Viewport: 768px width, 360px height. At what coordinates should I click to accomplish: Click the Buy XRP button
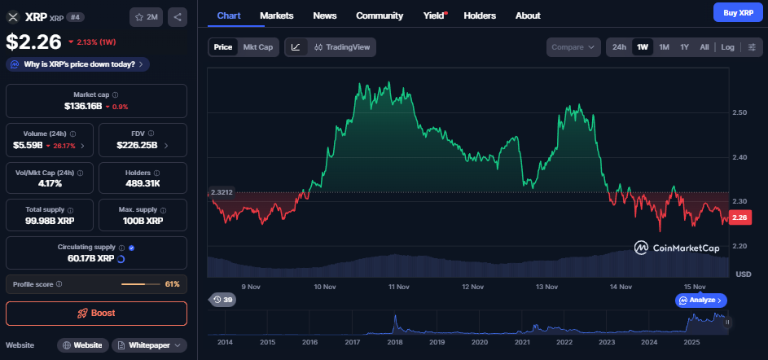point(736,12)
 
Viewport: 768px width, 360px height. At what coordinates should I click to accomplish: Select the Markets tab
point(276,15)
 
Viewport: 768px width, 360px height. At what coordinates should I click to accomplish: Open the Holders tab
point(479,15)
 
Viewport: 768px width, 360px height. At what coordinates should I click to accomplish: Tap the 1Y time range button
point(685,47)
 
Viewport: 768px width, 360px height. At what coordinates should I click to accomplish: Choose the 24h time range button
point(619,47)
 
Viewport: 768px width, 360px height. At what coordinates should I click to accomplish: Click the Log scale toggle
point(727,47)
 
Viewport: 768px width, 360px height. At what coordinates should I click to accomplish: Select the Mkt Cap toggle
point(258,47)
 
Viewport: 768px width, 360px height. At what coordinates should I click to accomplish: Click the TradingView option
point(342,47)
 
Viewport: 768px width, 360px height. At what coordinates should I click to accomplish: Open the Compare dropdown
point(573,47)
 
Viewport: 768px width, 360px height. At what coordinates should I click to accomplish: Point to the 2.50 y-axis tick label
point(741,112)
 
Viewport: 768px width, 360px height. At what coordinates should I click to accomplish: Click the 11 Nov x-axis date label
point(399,287)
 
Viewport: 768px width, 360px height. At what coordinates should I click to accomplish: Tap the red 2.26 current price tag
point(740,217)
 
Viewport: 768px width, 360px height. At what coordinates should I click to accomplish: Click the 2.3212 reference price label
point(222,193)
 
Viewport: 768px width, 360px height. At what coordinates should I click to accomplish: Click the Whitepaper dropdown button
point(149,345)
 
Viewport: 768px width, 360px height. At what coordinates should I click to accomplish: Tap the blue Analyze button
point(700,301)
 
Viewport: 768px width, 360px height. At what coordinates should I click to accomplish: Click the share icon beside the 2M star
point(178,16)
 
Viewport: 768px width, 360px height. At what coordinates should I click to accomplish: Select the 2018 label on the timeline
point(394,342)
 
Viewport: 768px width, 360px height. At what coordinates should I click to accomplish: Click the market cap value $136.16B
point(83,106)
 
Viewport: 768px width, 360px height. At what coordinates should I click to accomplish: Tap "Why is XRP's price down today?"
point(78,64)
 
